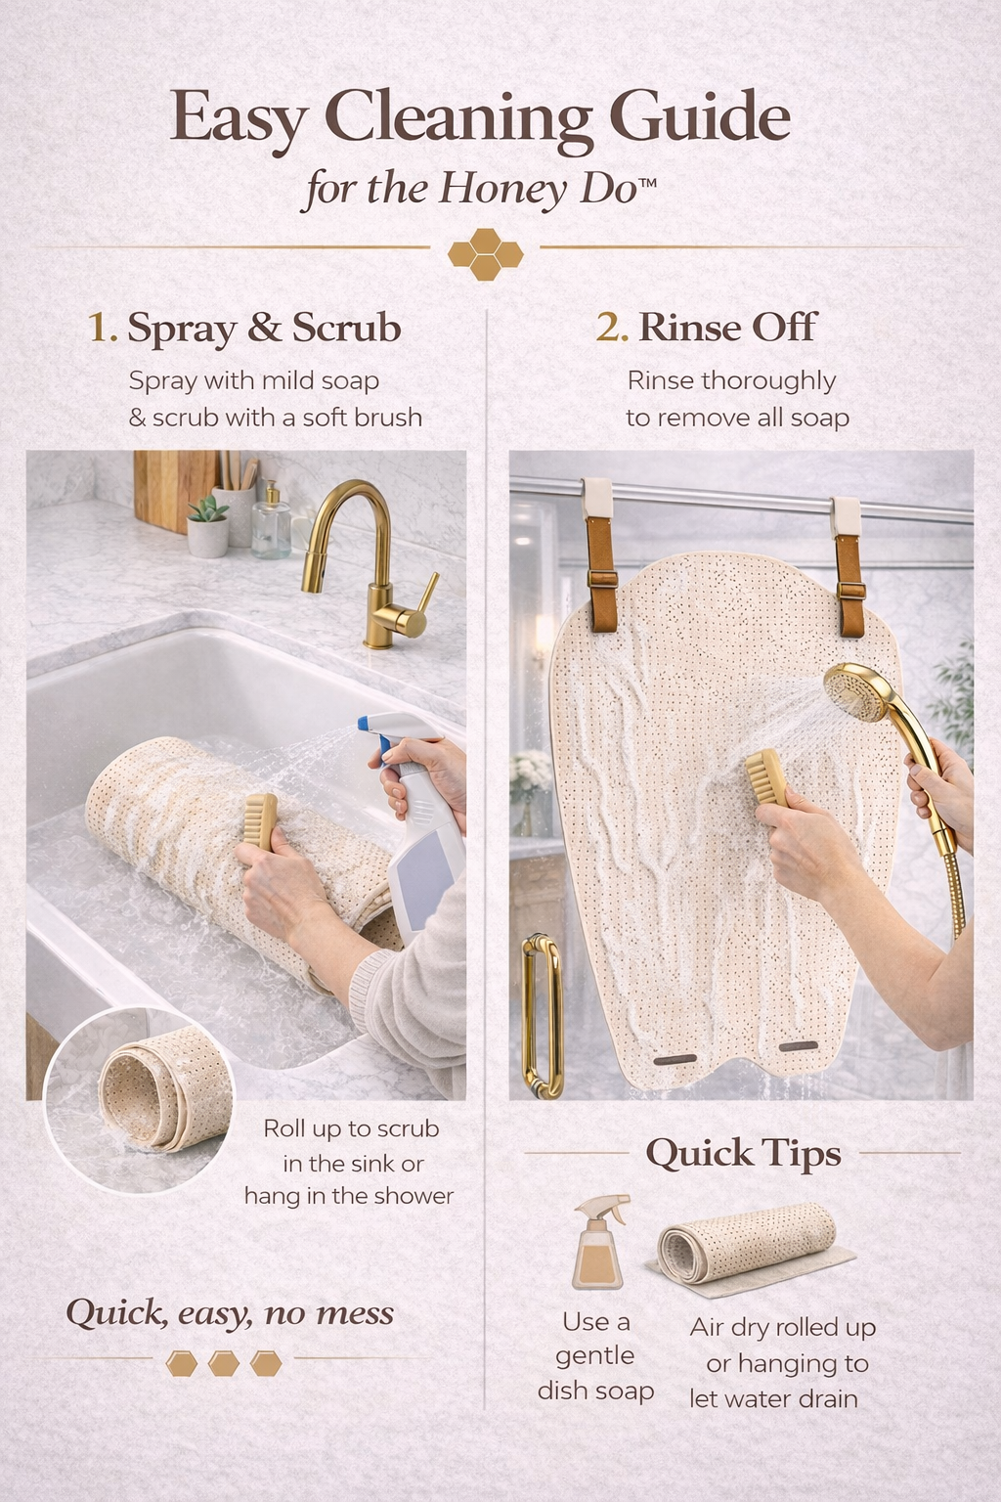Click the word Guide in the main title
(699, 118)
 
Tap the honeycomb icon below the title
(485, 254)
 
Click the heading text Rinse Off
(726, 328)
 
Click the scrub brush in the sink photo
(261, 821)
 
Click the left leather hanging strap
(598, 552)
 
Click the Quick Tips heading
(743, 1154)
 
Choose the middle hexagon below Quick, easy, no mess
(223, 1362)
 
